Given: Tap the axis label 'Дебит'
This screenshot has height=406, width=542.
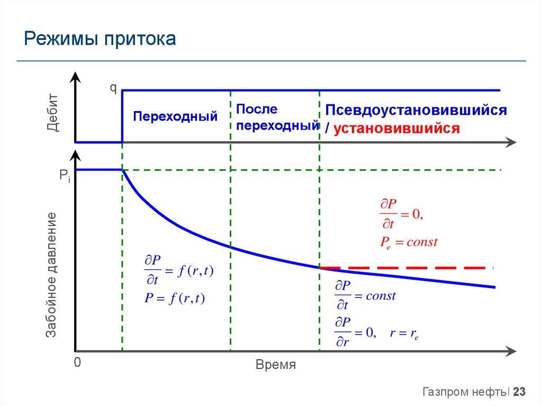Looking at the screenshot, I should [52, 112].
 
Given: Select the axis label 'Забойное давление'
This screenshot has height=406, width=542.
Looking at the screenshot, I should [51, 275].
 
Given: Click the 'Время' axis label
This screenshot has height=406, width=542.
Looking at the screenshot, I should [275, 365].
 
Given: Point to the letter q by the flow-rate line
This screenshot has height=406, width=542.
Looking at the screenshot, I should [113, 88].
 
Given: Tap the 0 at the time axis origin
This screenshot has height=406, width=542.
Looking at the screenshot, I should [77, 363].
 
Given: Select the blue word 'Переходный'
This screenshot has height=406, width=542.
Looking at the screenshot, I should [175, 116].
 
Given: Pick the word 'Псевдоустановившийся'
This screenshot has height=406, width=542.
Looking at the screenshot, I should [416, 111].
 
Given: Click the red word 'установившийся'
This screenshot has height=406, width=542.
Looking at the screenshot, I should [397, 129].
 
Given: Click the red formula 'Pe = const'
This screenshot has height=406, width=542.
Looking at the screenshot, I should [409, 242].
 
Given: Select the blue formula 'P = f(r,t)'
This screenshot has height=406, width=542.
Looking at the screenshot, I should [175, 298].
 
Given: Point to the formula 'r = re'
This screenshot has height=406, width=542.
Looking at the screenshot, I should [404, 333].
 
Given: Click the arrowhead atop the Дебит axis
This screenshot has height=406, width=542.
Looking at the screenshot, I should [76, 78].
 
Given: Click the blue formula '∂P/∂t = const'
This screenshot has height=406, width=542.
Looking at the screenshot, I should [365, 296].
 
